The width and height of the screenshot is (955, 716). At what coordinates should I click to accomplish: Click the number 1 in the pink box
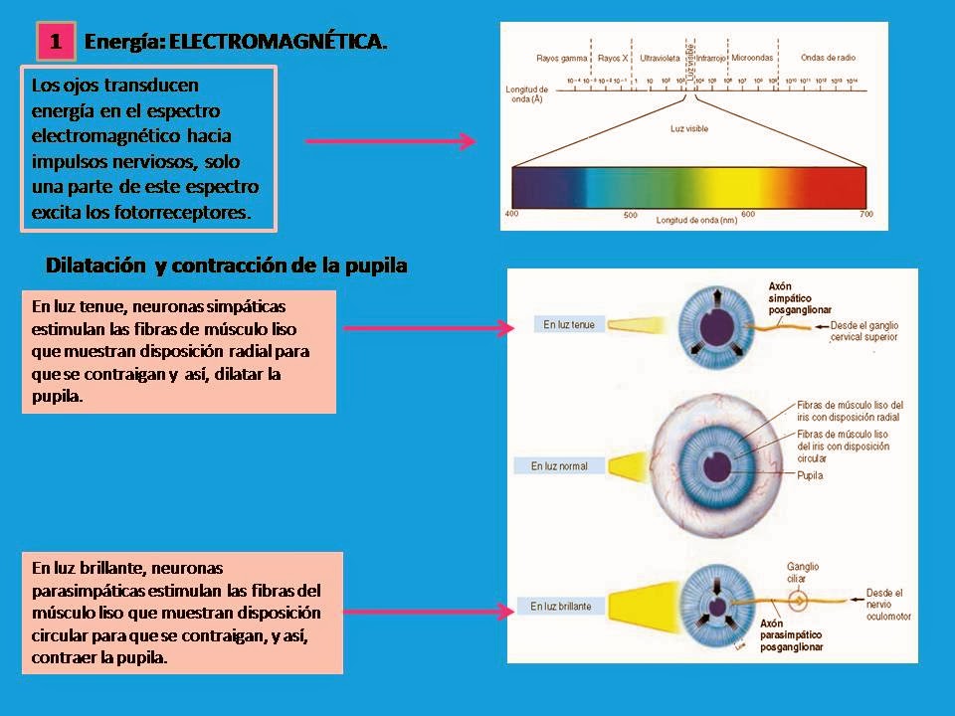tap(56, 42)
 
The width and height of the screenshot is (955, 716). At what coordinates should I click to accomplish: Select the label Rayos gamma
tap(559, 58)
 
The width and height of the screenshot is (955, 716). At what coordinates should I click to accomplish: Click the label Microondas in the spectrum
tap(752, 58)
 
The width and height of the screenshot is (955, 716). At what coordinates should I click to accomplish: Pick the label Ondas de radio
tap(828, 58)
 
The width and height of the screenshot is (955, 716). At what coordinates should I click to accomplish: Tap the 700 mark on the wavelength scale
tap(866, 214)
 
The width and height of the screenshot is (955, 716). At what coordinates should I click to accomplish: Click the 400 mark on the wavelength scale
tap(512, 214)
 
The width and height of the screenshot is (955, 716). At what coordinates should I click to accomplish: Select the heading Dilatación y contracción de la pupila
tap(227, 267)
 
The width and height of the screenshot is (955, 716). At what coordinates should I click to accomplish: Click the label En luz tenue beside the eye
tap(569, 324)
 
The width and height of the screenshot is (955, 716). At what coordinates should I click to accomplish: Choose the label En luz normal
tap(559, 465)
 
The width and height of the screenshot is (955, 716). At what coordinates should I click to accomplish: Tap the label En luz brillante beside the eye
tap(561, 606)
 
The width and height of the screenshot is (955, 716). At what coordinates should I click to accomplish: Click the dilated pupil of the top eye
tap(712, 325)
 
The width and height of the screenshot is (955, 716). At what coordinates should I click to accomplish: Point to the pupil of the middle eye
tap(715, 465)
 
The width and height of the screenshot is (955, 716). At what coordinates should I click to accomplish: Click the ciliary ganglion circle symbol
tap(797, 602)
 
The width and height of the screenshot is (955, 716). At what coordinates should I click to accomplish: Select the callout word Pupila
tap(809, 476)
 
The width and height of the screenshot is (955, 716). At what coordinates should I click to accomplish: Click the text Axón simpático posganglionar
tap(796, 298)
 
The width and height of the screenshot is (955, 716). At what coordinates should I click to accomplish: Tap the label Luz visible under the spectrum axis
tap(688, 128)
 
